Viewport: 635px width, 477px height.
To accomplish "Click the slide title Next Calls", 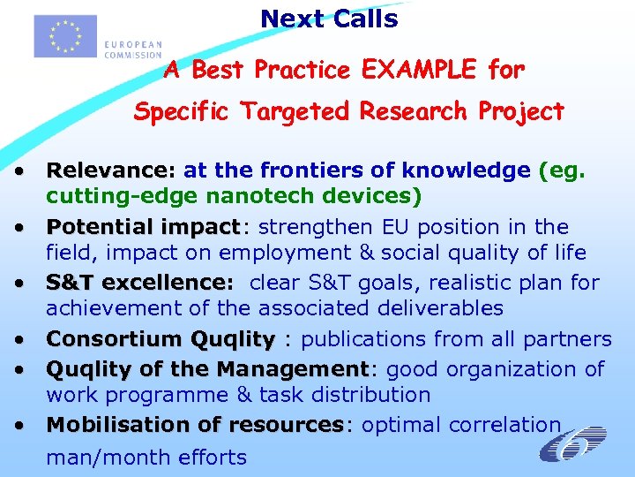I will [329, 19].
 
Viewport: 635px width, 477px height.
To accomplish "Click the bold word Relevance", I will [109, 170].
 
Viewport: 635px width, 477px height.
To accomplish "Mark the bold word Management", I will [292, 368].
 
